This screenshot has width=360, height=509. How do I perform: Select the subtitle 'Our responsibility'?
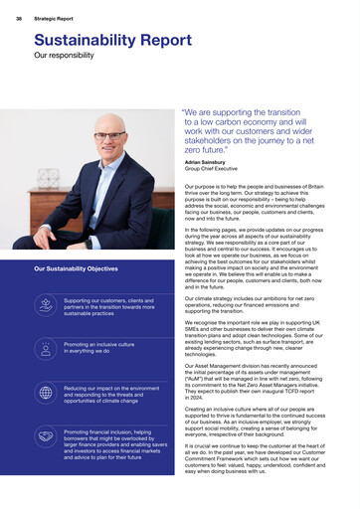click(62, 57)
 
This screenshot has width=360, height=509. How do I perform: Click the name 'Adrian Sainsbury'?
click(204, 161)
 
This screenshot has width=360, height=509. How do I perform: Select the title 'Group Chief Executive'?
click(211, 167)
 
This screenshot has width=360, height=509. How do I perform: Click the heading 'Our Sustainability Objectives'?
click(76, 268)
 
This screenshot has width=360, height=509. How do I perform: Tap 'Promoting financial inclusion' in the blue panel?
click(102, 432)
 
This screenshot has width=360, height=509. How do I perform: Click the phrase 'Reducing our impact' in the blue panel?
click(90, 388)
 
